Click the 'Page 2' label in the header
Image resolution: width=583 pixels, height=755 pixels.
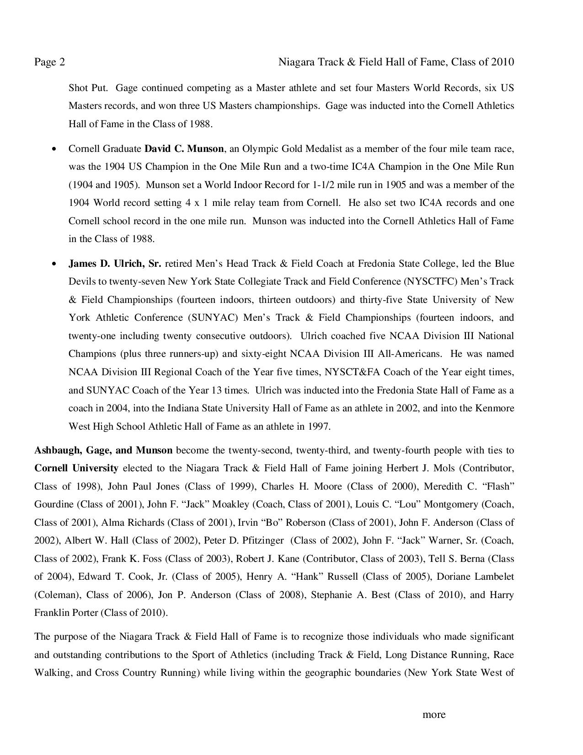pyautogui.click(x=49, y=62)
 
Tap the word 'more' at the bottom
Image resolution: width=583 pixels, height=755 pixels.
pyautogui.click(x=433, y=714)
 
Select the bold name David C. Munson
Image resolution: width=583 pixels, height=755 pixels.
pyautogui.click(x=184, y=149)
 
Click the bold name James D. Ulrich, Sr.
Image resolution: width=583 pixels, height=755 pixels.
pyautogui.click(x=115, y=264)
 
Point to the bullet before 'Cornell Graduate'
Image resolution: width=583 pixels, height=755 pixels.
pyautogui.click(x=55, y=149)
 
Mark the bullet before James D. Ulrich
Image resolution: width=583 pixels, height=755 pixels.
pyautogui.click(x=55, y=264)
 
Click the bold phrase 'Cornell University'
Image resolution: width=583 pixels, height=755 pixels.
pyautogui.click(x=76, y=468)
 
